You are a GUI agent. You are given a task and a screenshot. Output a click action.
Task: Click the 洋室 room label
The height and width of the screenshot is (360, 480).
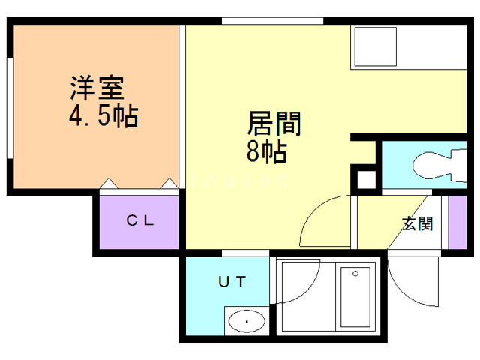click(x=97, y=89)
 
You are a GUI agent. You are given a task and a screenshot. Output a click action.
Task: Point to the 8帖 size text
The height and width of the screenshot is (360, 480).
click(x=266, y=151)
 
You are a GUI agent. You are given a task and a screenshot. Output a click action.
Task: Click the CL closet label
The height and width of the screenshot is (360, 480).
click(x=139, y=220)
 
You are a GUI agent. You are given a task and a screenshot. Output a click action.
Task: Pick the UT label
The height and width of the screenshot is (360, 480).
click(x=231, y=282)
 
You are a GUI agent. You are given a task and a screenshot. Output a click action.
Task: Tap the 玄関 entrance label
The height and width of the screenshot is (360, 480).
click(x=418, y=223)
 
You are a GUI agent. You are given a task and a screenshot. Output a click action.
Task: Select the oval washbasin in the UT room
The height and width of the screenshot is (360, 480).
click(x=246, y=322)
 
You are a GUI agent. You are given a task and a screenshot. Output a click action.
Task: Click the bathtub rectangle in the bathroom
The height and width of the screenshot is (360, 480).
click(x=356, y=297)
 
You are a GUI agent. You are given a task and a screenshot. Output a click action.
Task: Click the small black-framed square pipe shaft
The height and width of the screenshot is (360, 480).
click(x=365, y=181)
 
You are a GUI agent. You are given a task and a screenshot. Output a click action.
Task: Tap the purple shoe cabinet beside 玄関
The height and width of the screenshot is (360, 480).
click(x=457, y=222)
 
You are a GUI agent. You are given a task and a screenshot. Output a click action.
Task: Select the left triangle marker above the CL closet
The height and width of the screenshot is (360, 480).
click(x=109, y=183)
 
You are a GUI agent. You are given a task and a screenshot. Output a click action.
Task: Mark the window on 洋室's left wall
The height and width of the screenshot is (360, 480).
click(x=9, y=109)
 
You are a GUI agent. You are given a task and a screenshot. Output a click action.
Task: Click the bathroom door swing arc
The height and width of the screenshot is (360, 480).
click(x=296, y=281)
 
